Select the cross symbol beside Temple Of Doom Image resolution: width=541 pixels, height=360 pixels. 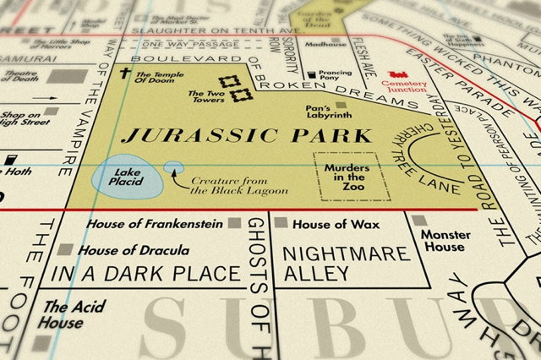click(123, 74)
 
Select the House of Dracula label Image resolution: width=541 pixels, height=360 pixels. click(130, 251)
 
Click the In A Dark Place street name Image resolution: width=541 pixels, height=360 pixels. click(145, 274)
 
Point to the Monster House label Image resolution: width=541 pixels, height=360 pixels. click(444, 240)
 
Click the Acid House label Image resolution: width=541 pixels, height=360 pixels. click(63, 314)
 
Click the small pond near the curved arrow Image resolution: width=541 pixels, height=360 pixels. click(172, 167)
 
